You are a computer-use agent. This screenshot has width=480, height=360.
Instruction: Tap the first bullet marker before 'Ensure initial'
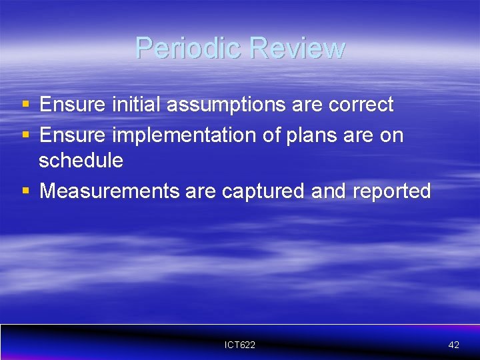[x=25, y=104]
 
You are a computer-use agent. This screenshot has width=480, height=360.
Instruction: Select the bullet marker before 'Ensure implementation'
[x=25, y=135]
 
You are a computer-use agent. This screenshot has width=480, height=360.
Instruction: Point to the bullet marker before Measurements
[x=25, y=191]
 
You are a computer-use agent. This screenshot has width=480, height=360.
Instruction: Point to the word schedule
[x=81, y=161]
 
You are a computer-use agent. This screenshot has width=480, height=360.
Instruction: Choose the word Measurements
[x=109, y=191]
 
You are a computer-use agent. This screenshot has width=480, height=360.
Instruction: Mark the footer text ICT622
[x=240, y=345]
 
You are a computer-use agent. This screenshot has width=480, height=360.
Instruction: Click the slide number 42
[x=453, y=345]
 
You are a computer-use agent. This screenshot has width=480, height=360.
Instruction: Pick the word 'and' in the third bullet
[x=329, y=191]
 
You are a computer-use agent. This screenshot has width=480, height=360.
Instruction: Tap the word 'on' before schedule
[x=391, y=135]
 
